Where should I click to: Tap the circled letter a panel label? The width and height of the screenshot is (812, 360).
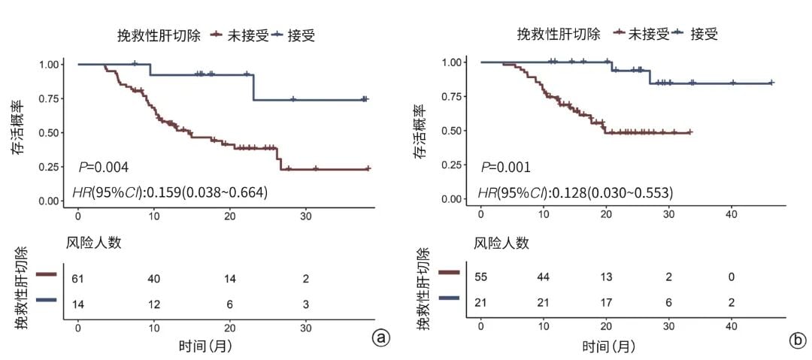coord(381,338)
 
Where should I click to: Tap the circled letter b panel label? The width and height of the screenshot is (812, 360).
coord(797,340)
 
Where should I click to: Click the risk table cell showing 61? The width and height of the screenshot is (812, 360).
coord(77,279)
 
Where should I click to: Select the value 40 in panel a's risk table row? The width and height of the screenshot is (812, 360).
coord(154,279)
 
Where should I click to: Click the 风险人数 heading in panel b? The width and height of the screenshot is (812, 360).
coord(501,243)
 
